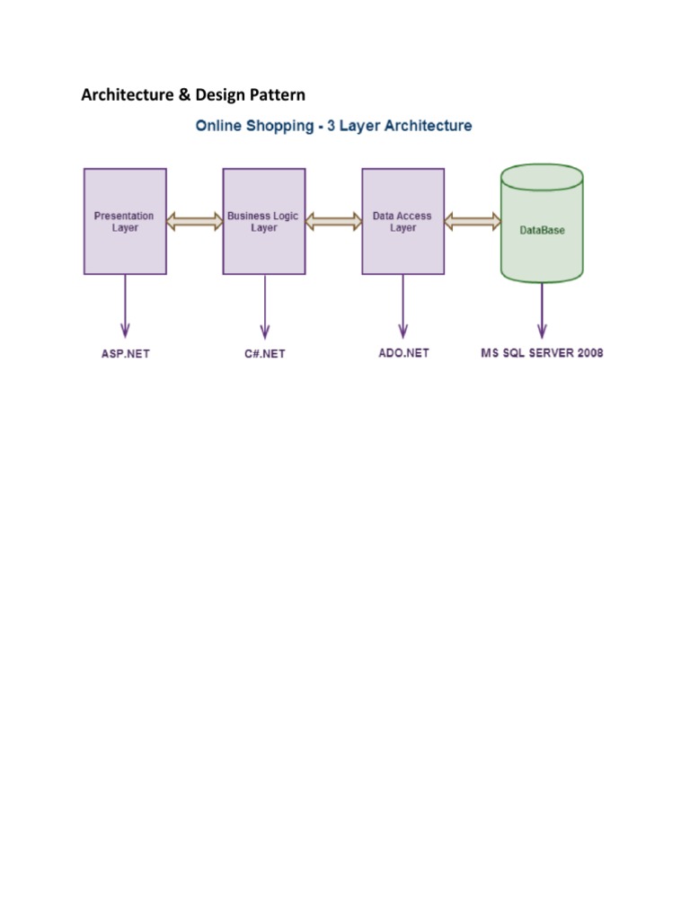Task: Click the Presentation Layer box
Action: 125,221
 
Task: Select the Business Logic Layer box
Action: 263,221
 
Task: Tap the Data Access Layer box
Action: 402,221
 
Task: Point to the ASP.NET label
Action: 125,353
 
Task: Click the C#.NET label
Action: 264,353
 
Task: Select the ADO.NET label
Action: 403,353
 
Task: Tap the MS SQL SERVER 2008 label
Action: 542,352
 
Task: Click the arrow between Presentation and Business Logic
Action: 194,221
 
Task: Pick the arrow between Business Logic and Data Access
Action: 333,221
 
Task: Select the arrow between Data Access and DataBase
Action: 473,221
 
